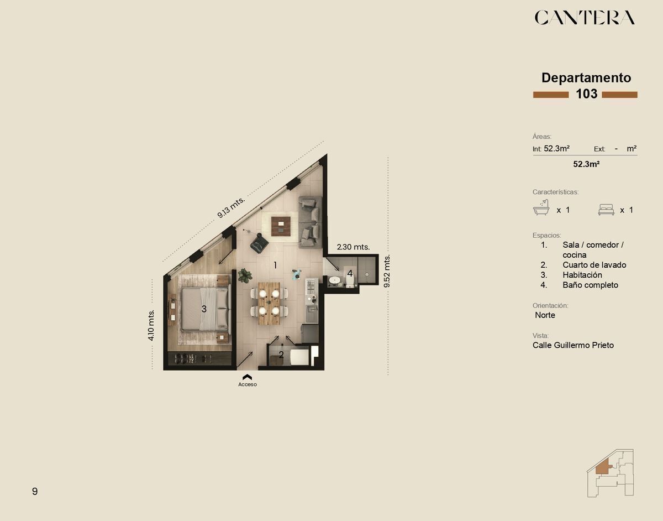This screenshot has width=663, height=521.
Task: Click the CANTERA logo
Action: tap(585, 17)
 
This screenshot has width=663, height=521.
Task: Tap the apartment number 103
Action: tap(586, 94)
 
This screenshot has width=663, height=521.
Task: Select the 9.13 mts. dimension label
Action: tap(231, 207)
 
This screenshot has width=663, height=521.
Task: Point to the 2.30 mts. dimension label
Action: tap(353, 247)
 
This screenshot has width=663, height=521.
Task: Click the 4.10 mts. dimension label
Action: tap(151, 325)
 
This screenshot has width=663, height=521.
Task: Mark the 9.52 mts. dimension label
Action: tap(387, 271)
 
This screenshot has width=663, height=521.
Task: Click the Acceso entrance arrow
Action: tap(247, 377)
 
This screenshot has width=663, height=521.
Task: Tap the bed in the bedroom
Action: tap(205, 309)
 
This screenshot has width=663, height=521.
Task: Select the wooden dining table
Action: tap(269, 303)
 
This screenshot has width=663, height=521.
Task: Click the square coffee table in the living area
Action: tap(281, 226)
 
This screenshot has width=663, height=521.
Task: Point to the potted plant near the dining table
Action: tap(245, 275)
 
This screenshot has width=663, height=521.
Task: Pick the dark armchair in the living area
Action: tap(259, 244)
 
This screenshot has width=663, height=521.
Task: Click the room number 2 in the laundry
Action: tap(281, 355)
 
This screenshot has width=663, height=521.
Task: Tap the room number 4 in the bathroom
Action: tap(350, 273)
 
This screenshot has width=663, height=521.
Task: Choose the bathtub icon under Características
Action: tap(541, 207)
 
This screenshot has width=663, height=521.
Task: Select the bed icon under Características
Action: tap(606, 210)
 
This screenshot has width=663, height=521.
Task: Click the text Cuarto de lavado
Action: tap(594, 265)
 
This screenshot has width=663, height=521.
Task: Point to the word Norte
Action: tap(545, 315)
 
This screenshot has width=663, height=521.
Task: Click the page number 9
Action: tap(35, 491)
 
